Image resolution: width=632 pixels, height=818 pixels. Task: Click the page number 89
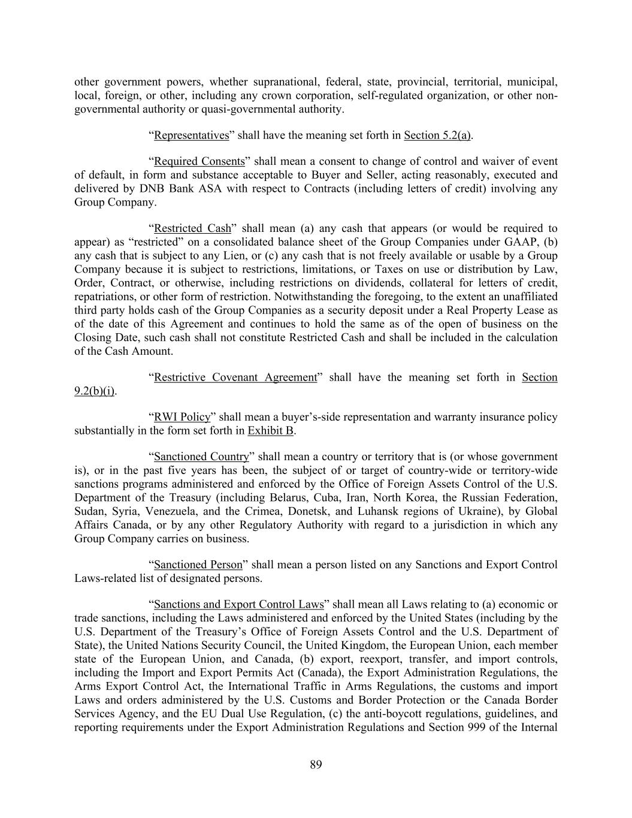point(316,764)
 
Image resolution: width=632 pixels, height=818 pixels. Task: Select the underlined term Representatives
point(192,135)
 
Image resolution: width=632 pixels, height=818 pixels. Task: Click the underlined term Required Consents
point(199,162)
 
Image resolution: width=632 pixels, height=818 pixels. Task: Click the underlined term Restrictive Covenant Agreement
point(235,378)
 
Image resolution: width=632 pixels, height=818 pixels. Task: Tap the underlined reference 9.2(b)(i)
point(95,391)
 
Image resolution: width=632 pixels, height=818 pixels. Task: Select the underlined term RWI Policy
point(182,417)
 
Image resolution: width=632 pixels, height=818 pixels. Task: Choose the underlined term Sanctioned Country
point(201,457)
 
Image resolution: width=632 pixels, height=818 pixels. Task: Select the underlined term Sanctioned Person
point(198,565)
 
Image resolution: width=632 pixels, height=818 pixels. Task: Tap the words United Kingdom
point(409,645)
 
